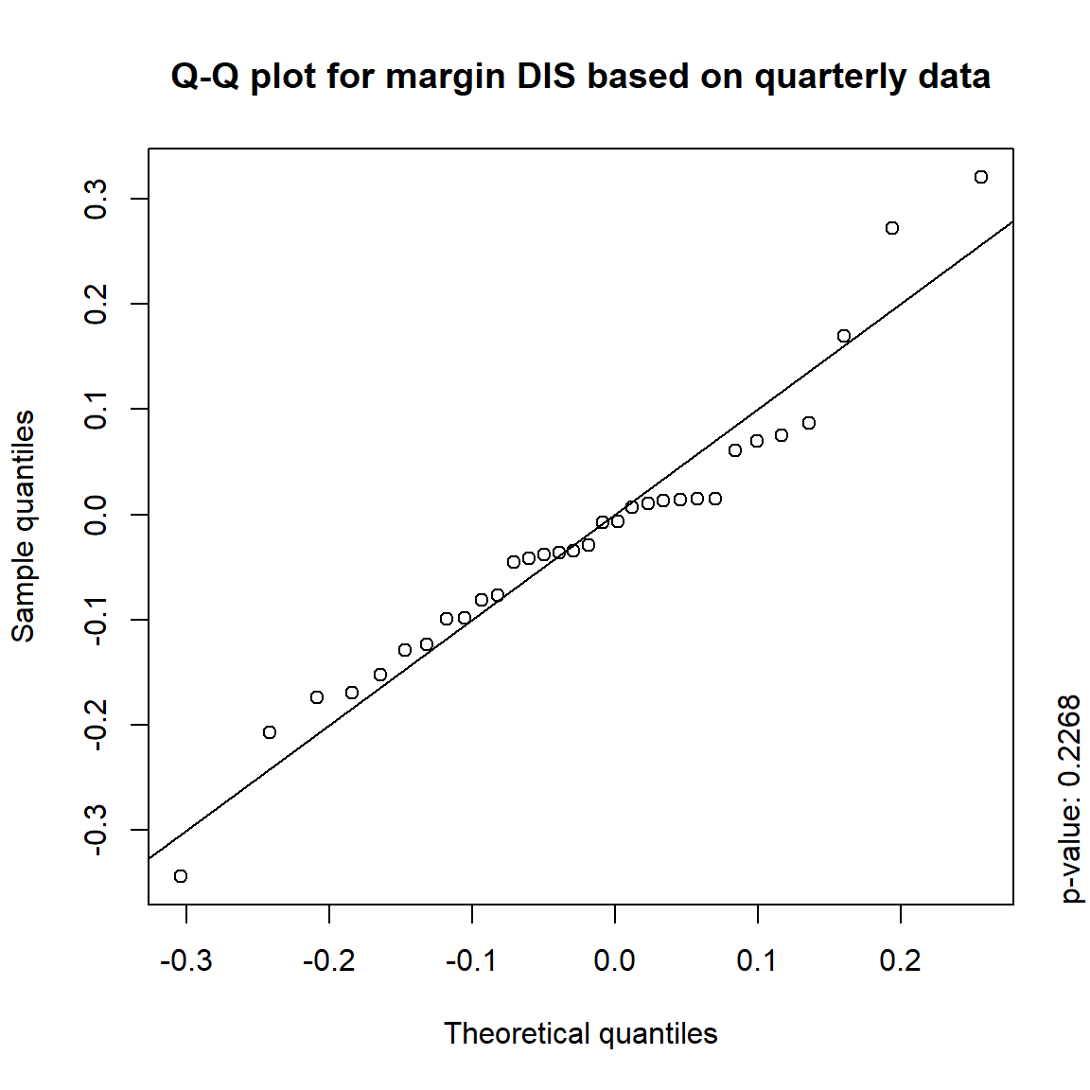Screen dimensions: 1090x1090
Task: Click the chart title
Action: [580, 76]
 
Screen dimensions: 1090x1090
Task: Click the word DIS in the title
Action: [546, 76]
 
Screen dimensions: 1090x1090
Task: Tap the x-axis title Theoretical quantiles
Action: [580, 1033]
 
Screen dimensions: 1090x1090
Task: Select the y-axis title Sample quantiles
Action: [23, 526]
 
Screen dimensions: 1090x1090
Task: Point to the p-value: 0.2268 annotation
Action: [1069, 800]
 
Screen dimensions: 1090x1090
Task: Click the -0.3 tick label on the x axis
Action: [185, 961]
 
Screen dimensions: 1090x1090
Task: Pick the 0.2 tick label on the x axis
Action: [900, 961]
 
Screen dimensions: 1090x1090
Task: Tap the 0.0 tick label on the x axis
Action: [614, 961]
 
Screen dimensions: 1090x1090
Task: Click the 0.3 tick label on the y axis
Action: [97, 199]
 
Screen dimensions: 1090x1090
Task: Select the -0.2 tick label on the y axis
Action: [97, 725]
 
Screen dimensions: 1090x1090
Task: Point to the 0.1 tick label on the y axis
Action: [97, 409]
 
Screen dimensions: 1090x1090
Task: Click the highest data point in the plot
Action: [981, 177]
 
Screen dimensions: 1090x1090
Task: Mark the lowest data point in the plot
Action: [181, 876]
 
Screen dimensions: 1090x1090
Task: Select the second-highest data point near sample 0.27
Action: [892, 228]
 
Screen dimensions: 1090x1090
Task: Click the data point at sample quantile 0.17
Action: [844, 336]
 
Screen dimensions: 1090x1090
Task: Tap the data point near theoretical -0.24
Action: [270, 732]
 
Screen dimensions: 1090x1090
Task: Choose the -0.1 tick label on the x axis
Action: [471, 961]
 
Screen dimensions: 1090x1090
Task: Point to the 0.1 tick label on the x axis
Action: [757, 961]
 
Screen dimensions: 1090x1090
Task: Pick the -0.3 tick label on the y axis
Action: [97, 830]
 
